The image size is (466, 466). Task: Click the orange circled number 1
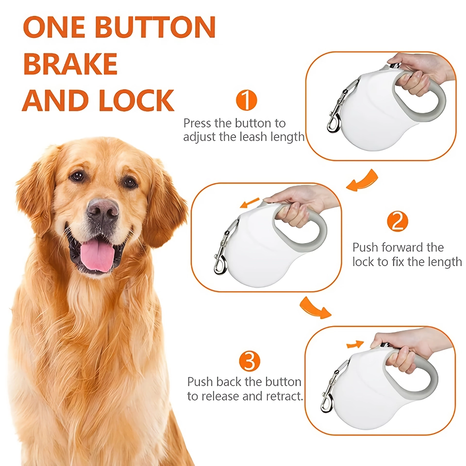(247, 100)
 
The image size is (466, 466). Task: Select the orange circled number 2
(398, 221)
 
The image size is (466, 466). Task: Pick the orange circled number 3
(250, 361)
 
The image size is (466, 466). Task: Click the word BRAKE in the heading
(70, 64)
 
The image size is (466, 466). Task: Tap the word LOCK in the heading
(136, 100)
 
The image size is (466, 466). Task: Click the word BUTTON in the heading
(155, 27)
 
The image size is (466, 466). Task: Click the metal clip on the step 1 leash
(337, 112)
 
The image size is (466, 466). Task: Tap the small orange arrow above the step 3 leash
(355, 344)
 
